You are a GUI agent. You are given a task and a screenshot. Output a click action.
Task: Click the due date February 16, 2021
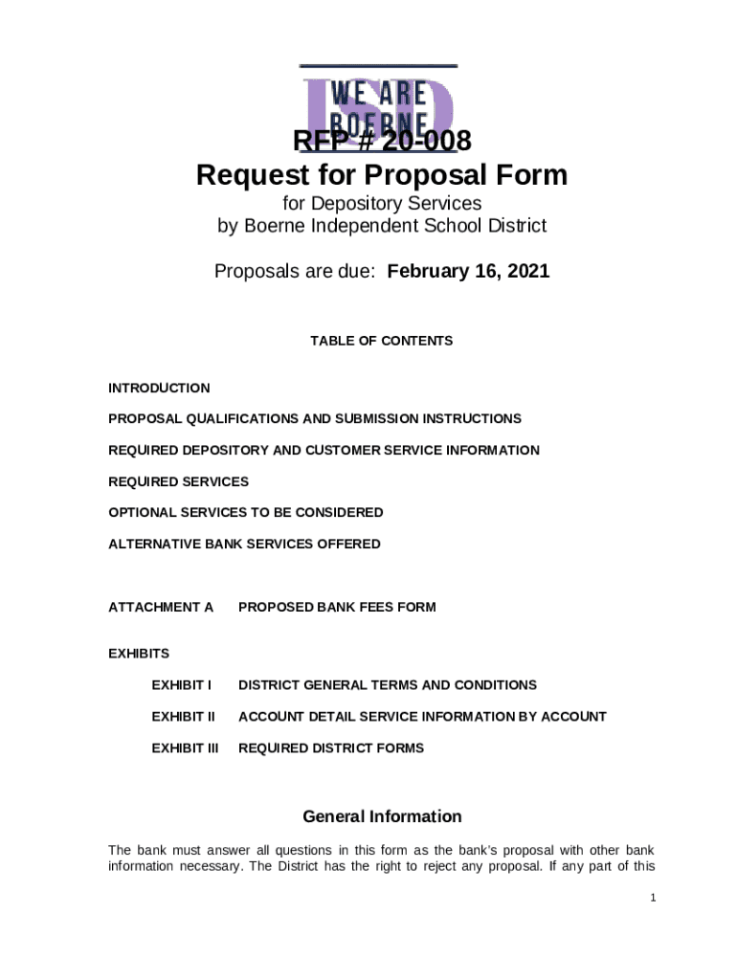click(468, 272)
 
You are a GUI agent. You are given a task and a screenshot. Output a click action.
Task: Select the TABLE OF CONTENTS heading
click(381, 341)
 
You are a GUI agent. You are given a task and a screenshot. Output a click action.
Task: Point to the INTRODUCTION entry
click(159, 388)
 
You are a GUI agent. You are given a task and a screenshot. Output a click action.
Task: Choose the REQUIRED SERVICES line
click(178, 481)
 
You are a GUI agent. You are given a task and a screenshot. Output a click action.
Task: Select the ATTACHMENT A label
click(161, 607)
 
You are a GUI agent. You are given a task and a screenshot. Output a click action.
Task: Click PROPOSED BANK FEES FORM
click(337, 607)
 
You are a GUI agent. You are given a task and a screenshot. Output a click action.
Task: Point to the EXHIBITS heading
click(139, 654)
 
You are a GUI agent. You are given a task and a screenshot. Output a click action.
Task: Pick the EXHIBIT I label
click(181, 685)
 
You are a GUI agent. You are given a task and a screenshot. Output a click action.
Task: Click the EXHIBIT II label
click(183, 716)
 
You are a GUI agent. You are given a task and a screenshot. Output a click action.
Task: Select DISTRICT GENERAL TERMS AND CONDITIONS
click(387, 685)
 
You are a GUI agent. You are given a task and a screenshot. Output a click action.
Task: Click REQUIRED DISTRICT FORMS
click(330, 747)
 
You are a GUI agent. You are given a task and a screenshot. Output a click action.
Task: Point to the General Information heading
click(382, 816)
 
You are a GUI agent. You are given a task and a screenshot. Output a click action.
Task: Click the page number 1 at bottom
click(652, 898)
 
